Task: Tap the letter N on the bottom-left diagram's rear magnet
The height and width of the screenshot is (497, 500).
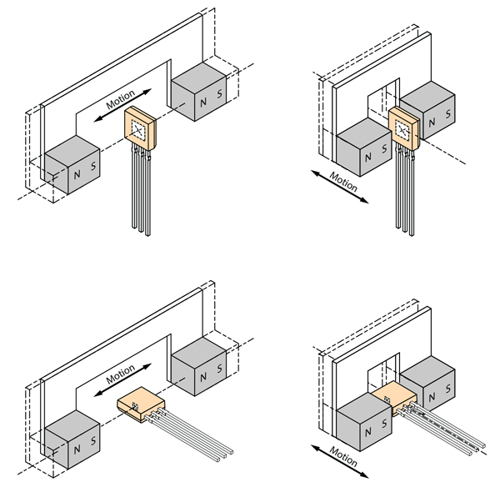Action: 201,375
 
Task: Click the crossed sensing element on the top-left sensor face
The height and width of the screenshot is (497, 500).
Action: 139,128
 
